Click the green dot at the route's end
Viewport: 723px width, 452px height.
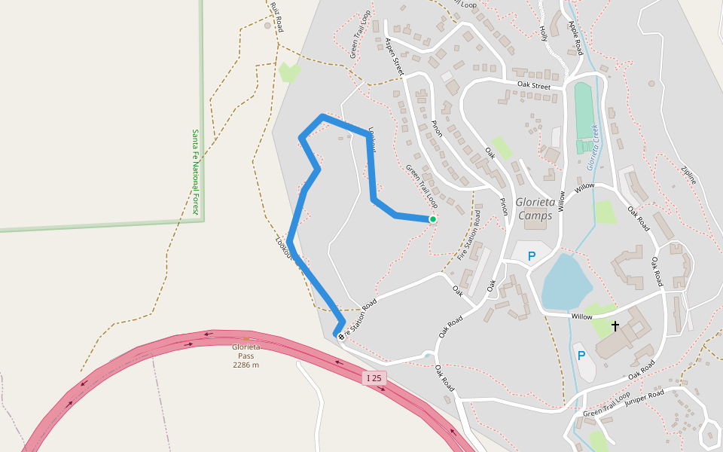pyautogui.click(x=433, y=219)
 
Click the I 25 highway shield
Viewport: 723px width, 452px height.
pyautogui.click(x=374, y=377)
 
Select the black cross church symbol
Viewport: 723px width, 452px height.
pyautogui.click(x=615, y=326)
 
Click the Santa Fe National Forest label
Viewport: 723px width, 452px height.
pyautogui.click(x=195, y=172)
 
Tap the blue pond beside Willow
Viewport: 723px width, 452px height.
pyautogui.click(x=564, y=280)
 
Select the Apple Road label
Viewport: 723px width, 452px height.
pyautogui.click(x=576, y=38)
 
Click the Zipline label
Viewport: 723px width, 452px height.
pyautogui.click(x=688, y=176)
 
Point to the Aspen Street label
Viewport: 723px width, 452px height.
pyautogui.click(x=395, y=56)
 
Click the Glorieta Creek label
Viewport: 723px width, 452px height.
pyautogui.click(x=592, y=139)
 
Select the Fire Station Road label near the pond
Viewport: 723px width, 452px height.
pyautogui.click(x=468, y=236)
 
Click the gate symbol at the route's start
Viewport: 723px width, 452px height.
pyautogui.click(x=340, y=336)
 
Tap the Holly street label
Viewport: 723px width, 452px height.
pyautogui.click(x=544, y=33)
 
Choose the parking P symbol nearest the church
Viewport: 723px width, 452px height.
pyautogui.click(x=581, y=355)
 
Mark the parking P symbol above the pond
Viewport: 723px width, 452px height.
pyautogui.click(x=532, y=256)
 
